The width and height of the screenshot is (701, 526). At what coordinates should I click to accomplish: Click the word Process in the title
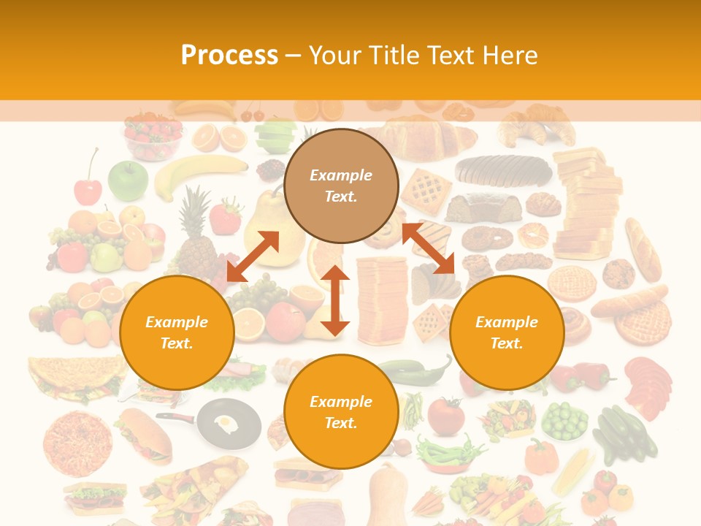tap(229, 56)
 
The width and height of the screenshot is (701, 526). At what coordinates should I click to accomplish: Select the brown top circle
tap(341, 186)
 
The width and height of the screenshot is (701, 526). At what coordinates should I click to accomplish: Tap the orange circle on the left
tap(177, 332)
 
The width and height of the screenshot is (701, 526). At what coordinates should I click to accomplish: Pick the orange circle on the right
tap(507, 332)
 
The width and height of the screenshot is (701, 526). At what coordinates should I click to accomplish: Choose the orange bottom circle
tap(341, 412)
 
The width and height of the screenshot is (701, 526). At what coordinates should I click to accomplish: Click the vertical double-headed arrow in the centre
tap(335, 300)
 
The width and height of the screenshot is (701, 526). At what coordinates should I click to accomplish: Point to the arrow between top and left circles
tap(253, 256)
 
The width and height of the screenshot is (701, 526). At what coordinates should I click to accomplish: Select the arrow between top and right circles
tap(428, 248)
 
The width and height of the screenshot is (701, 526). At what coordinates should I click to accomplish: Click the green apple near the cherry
tap(128, 180)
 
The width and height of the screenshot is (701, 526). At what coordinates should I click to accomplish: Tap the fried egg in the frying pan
tap(227, 422)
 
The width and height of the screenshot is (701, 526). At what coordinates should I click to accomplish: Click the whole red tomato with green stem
tap(445, 416)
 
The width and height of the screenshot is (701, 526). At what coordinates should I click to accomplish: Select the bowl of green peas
tap(564, 421)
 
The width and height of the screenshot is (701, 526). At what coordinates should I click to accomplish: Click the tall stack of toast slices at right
tap(584, 205)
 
